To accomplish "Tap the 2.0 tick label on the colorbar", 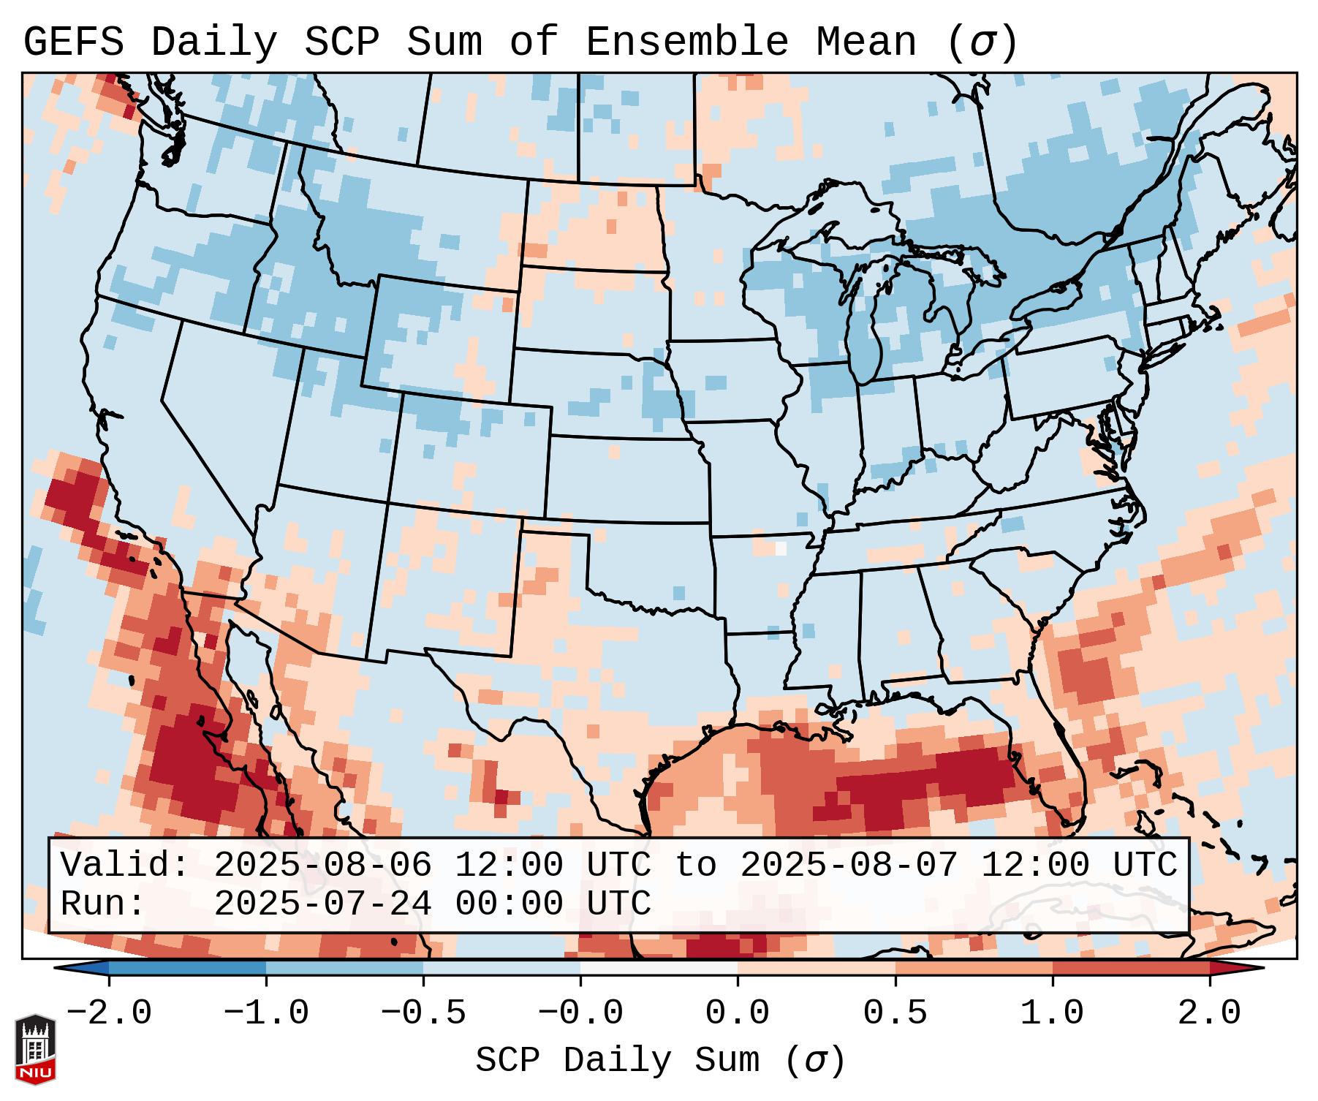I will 1209,1013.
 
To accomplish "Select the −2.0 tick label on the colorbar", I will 109,1013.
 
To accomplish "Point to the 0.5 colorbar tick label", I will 895,1013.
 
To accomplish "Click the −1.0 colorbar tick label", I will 266,1013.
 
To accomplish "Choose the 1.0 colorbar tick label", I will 1052,1013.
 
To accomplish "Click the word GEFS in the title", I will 74,42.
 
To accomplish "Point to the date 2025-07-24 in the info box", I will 322,904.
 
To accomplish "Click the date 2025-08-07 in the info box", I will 849,865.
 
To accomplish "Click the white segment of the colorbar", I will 659,968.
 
